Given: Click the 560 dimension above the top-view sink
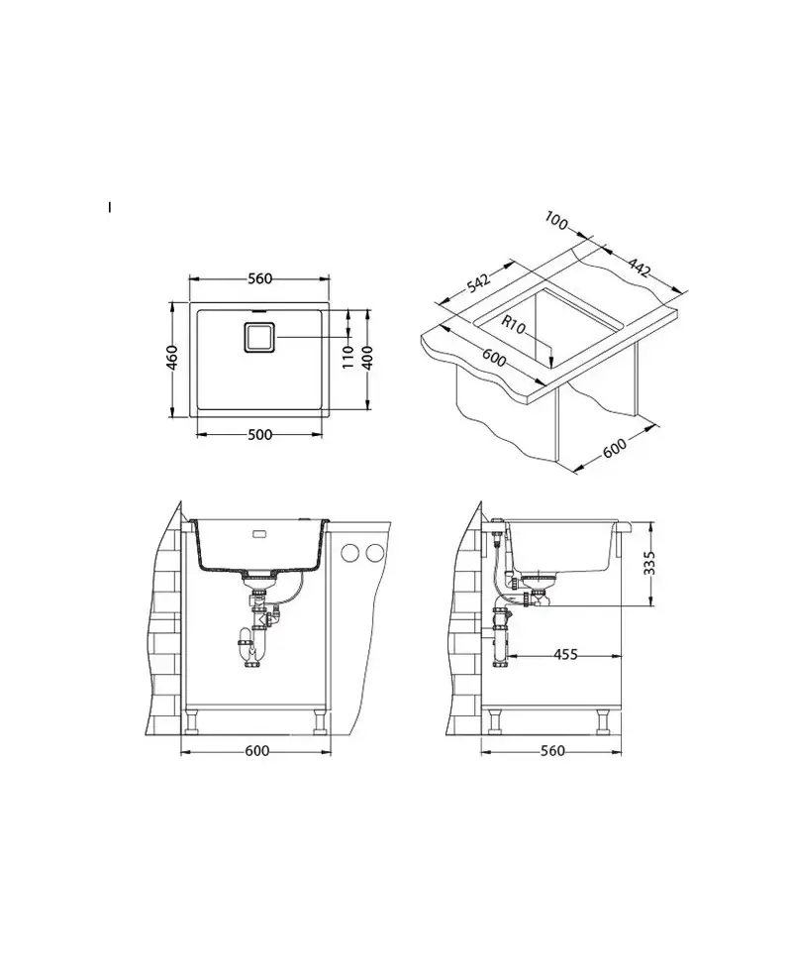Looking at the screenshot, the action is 260,278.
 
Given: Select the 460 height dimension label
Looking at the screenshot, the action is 172,357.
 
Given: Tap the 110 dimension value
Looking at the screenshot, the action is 347,357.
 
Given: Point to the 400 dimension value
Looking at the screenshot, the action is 368,358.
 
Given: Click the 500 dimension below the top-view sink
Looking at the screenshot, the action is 260,435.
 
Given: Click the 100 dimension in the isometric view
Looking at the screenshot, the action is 556,220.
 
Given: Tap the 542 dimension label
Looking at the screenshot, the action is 478,281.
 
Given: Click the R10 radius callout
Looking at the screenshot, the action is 514,325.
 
